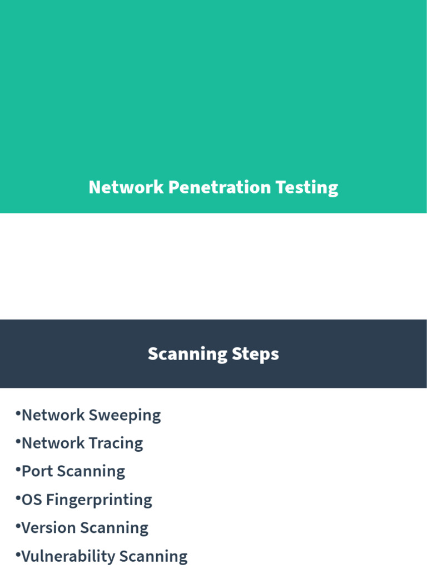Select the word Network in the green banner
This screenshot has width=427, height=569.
tap(126, 187)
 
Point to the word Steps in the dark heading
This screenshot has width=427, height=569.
tap(256, 355)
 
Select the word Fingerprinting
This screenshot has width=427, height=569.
tap(99, 500)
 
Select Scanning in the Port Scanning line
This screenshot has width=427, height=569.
tap(91, 472)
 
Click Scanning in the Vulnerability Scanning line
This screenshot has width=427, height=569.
tap(153, 556)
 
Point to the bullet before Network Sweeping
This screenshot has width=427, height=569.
tap(18, 413)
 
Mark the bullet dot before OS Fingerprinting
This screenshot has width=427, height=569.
tap(18, 497)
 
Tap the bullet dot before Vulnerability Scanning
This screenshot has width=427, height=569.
tap(18, 553)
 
